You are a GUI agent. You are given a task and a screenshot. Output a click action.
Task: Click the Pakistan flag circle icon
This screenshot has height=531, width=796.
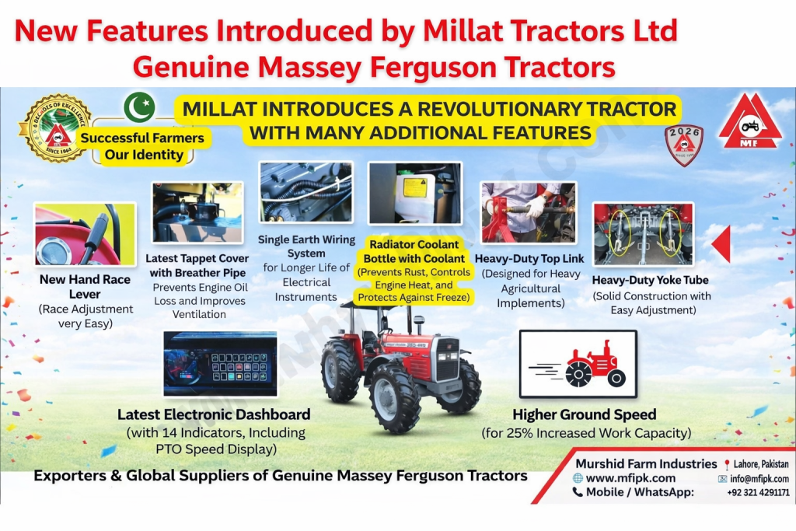(139, 107)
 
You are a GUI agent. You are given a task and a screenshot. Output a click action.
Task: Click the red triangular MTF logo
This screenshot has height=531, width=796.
(749, 122)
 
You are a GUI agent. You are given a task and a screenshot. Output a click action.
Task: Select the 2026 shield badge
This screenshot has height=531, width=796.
(684, 145)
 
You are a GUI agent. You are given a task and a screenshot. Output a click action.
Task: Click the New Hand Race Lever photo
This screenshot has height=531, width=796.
(85, 235)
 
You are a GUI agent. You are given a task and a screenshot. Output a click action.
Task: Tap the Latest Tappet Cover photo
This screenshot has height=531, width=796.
(197, 214)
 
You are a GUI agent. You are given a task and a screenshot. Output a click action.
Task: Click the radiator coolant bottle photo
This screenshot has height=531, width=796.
(414, 194)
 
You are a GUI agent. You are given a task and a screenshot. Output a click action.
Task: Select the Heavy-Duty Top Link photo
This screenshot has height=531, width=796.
(529, 213)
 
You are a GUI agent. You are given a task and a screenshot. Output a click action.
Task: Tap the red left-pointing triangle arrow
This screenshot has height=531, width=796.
(721, 243)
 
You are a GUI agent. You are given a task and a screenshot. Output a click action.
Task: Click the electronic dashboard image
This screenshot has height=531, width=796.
(220, 364)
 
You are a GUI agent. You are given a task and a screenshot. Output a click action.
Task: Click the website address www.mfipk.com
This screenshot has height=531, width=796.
(630, 478)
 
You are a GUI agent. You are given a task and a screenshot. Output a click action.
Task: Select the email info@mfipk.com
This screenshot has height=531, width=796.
(759, 479)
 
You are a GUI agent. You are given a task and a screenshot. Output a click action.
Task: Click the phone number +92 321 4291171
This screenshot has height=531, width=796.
(758, 492)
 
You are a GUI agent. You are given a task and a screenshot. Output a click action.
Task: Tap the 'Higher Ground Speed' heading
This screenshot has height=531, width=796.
(584, 414)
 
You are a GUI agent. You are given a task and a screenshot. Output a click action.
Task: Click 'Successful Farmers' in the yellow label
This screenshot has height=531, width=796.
(142, 138)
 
